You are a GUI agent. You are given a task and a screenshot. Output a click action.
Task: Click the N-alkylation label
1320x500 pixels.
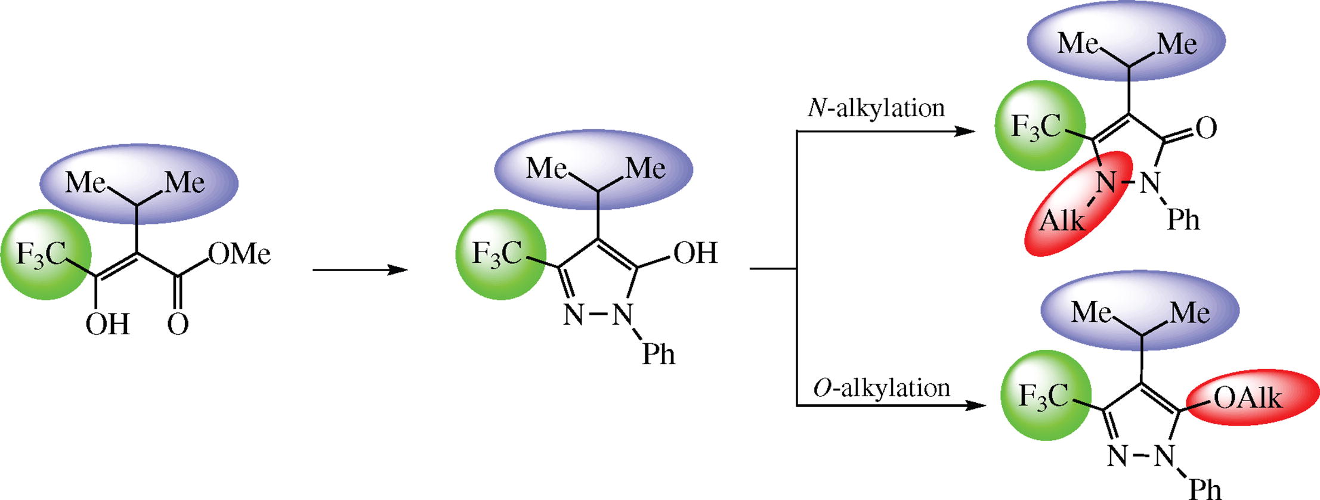click(876, 108)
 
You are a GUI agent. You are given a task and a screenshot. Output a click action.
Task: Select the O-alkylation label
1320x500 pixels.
click(881, 389)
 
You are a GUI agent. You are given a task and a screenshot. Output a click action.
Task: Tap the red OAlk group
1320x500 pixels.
click(1247, 398)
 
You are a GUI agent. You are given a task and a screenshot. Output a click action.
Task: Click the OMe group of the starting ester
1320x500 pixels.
click(239, 254)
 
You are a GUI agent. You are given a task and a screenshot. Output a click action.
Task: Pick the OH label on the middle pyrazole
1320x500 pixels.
click(695, 253)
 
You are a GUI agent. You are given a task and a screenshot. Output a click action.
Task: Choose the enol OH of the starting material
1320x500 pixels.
click(107, 325)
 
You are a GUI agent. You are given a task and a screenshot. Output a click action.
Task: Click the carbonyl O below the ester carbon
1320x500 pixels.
click(178, 325)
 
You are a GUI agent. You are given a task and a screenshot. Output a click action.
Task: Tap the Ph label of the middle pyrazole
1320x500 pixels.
click(659, 355)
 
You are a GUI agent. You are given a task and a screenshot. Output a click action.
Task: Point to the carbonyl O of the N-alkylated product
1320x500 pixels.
click(1206, 128)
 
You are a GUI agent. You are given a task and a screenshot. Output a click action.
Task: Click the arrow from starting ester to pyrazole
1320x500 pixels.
click(360, 270)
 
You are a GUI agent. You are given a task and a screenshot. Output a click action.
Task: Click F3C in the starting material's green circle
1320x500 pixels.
click(41, 255)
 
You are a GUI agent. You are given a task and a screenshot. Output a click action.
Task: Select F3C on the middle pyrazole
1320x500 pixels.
click(497, 254)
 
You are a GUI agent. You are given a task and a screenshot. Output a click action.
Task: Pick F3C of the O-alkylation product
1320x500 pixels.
click(1043, 396)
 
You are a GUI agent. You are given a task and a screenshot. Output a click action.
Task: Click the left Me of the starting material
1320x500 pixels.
click(85, 182)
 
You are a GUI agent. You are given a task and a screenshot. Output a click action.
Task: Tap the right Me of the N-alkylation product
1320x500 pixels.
click(1177, 44)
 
